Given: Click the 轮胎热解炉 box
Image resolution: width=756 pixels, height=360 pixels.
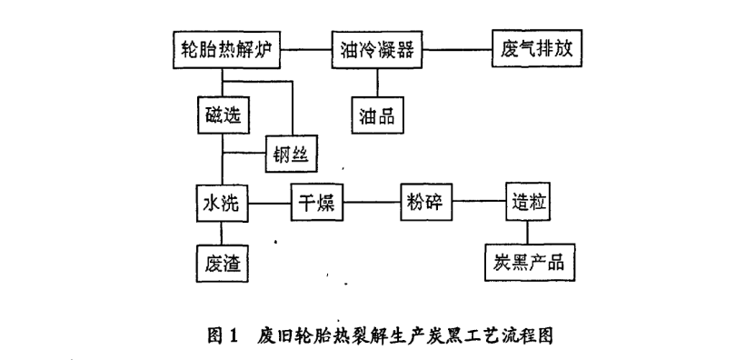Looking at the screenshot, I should [x=225, y=48].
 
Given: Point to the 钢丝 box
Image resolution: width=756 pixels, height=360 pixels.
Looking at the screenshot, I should [x=293, y=155].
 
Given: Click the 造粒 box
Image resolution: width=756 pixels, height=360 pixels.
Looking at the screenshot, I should [x=529, y=203].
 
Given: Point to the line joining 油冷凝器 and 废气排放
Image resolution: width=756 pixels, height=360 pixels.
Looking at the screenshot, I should [x=460, y=48].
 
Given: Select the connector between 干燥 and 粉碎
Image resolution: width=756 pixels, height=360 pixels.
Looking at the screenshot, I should [x=371, y=203].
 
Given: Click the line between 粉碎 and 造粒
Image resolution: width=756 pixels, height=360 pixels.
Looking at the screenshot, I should [x=478, y=203].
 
